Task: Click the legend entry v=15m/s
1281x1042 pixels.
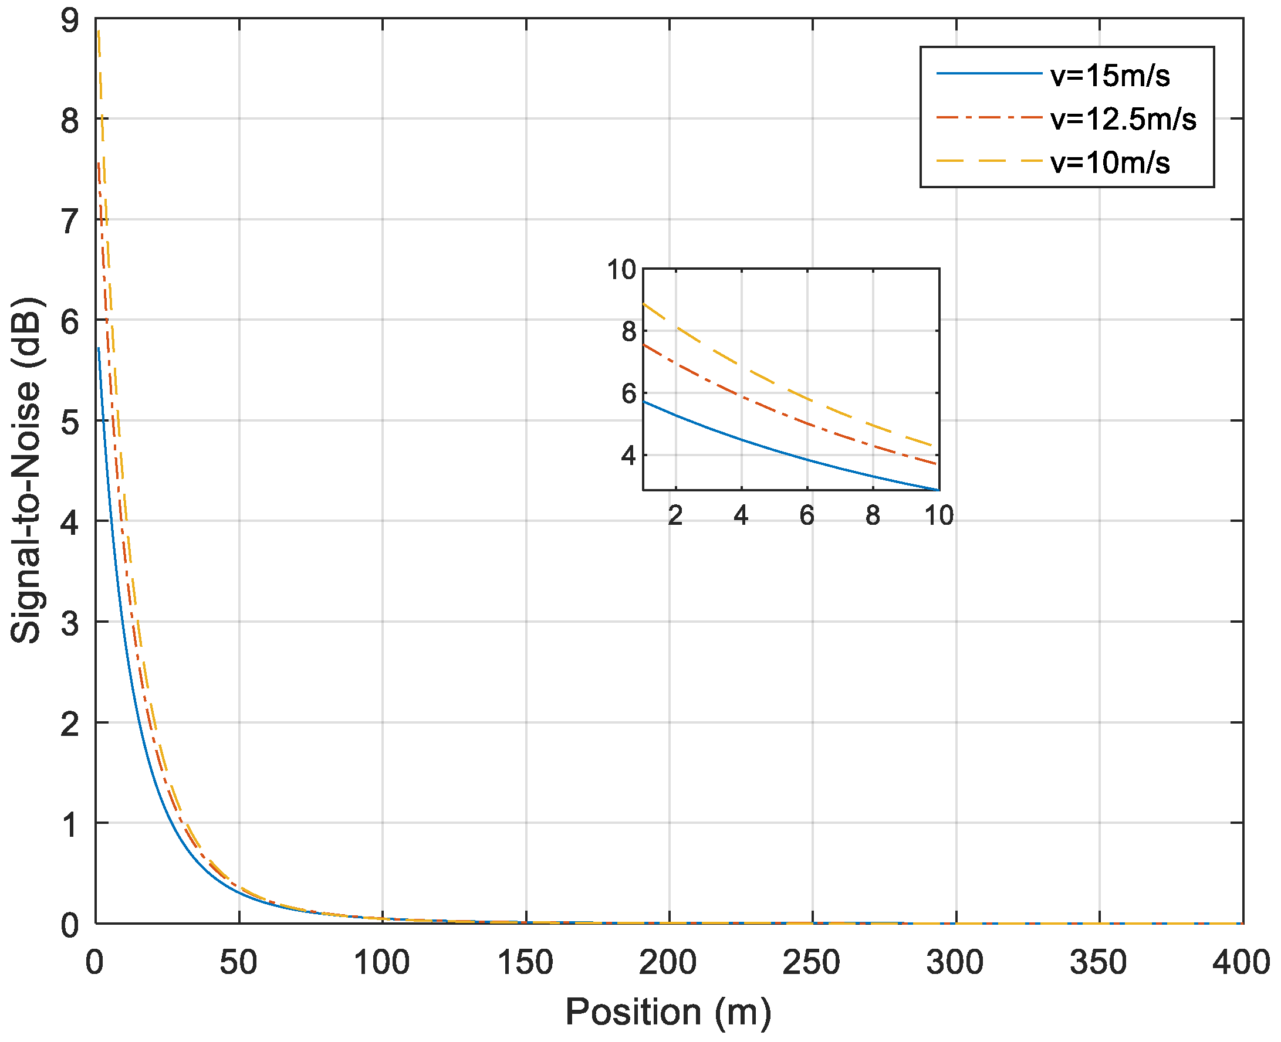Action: click(x=1110, y=76)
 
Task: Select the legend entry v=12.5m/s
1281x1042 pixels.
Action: click(x=1123, y=120)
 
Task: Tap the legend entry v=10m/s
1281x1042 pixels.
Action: click(x=1110, y=162)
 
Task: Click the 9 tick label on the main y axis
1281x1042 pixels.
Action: click(x=70, y=22)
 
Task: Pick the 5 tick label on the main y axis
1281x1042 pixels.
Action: click(x=70, y=423)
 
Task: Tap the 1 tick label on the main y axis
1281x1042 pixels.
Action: click(x=70, y=824)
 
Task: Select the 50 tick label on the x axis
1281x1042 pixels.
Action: click(x=238, y=962)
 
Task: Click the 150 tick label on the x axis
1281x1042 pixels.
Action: click(x=526, y=962)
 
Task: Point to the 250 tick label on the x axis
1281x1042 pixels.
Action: click(x=812, y=962)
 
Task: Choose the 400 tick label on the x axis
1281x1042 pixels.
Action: click(x=1241, y=962)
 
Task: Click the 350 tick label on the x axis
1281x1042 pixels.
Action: click(x=1099, y=962)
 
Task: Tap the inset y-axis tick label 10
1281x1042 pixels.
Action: click(x=621, y=270)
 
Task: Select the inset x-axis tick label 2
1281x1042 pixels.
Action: click(x=675, y=515)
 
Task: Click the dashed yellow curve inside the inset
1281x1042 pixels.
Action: click(x=775, y=381)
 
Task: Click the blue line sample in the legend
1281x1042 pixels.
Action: click(x=989, y=74)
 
